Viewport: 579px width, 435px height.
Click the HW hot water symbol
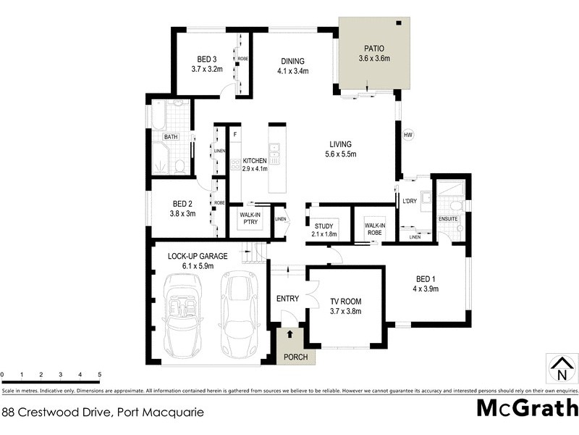tap(407, 135)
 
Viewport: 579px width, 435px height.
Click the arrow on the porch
tap(290, 335)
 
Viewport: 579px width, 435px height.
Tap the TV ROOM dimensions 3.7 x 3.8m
tap(345, 311)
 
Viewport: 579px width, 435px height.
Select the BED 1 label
tap(426, 278)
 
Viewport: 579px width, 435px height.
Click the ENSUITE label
tap(448, 218)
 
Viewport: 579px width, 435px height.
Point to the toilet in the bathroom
tap(179, 167)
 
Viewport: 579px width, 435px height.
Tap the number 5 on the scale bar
tap(99, 375)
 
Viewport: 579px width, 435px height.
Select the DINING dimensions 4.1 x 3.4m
tap(292, 71)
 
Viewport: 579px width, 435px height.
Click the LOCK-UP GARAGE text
tap(198, 256)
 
